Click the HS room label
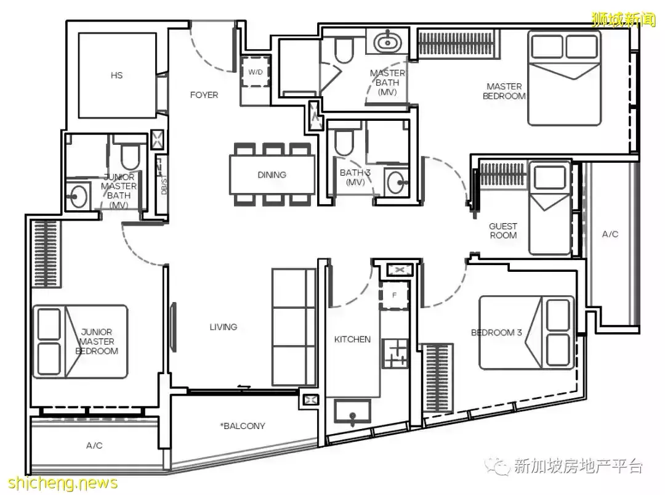[x=116, y=76]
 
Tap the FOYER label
[x=204, y=95]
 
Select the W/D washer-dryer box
[x=256, y=72]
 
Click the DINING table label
[x=272, y=174]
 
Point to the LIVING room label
[x=223, y=327]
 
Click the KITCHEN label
[x=352, y=339]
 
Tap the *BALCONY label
[x=243, y=426]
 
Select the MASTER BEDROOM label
[x=504, y=91]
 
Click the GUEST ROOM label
[x=504, y=231]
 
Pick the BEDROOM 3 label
[x=496, y=332]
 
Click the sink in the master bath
[x=387, y=41]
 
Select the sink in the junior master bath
[x=78, y=196]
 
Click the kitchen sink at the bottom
[x=352, y=412]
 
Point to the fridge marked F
[x=395, y=295]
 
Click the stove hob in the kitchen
[x=395, y=353]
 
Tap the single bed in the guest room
[x=549, y=208]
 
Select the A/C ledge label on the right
[x=610, y=234]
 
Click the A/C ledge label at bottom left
[x=94, y=445]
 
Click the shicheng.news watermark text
[x=63, y=483]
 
